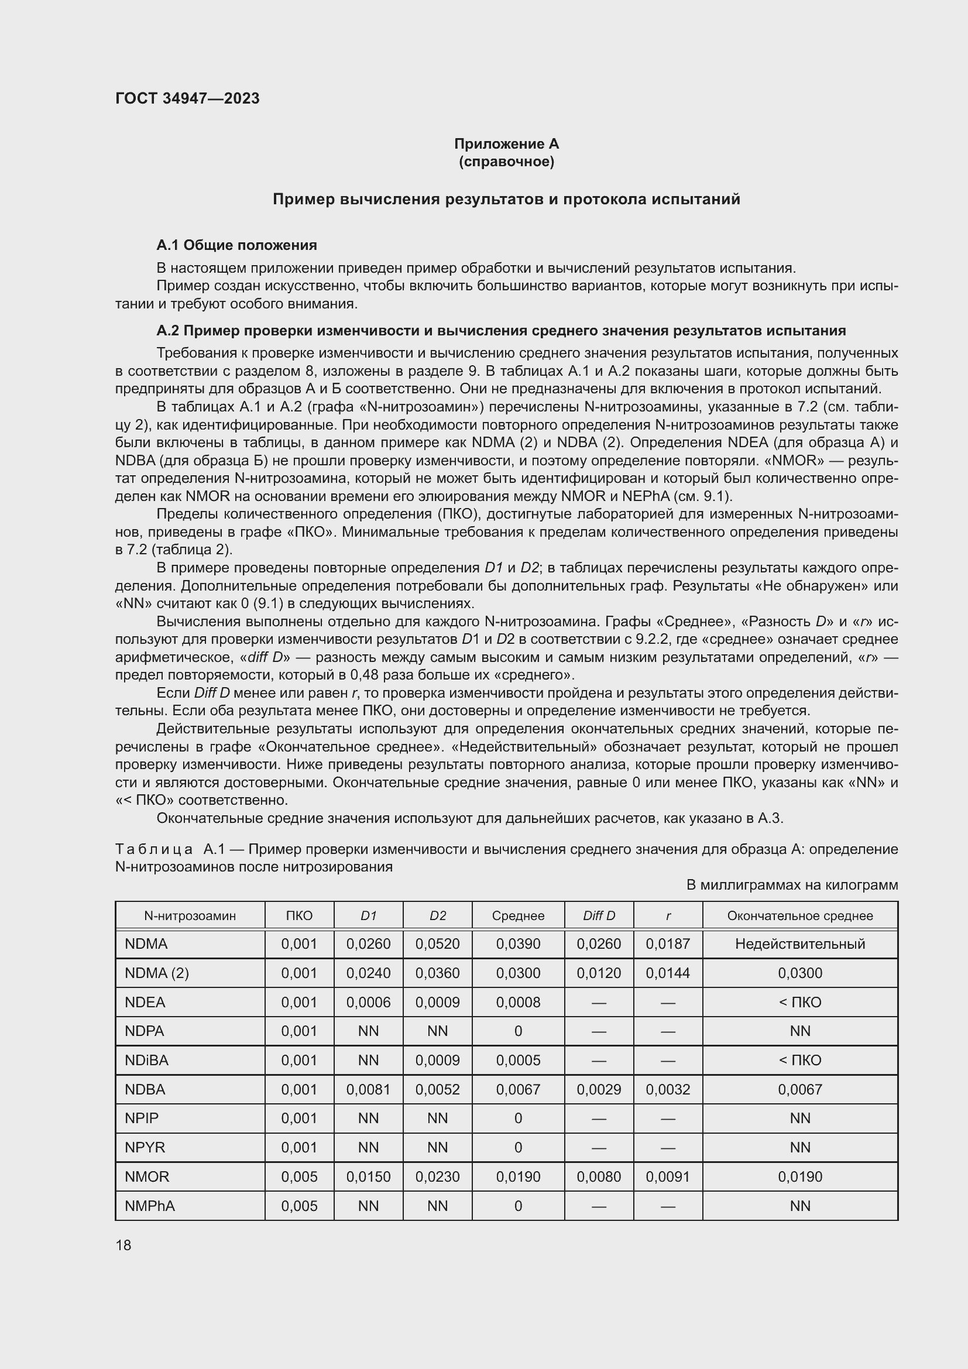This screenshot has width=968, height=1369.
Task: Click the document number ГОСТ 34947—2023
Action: (x=187, y=98)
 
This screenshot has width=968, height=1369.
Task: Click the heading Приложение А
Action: (x=506, y=144)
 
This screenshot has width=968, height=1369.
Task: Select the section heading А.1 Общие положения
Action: (x=236, y=245)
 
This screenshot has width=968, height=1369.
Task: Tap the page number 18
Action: (x=123, y=1245)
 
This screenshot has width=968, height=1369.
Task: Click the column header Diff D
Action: (x=599, y=916)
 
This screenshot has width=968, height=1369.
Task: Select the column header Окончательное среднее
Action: (x=799, y=916)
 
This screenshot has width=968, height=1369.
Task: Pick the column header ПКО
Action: (x=298, y=916)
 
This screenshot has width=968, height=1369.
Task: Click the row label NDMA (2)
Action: (x=156, y=973)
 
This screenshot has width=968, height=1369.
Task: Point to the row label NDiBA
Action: (x=147, y=1060)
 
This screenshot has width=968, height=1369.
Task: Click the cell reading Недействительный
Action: (x=799, y=944)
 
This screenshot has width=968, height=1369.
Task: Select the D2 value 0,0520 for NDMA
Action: (x=437, y=944)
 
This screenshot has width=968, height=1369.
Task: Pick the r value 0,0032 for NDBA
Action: (x=668, y=1089)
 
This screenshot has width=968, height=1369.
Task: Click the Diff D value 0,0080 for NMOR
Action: (x=599, y=1176)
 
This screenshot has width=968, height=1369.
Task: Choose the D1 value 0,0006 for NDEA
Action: (x=368, y=1002)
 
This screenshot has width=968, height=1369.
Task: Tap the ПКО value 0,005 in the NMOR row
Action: (x=298, y=1176)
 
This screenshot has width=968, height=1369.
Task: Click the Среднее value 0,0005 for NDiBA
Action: (x=517, y=1060)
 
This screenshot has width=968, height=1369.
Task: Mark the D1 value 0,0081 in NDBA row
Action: (x=368, y=1089)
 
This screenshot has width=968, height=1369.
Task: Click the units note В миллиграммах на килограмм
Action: (x=792, y=885)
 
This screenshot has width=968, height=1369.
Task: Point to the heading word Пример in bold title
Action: (x=303, y=199)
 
